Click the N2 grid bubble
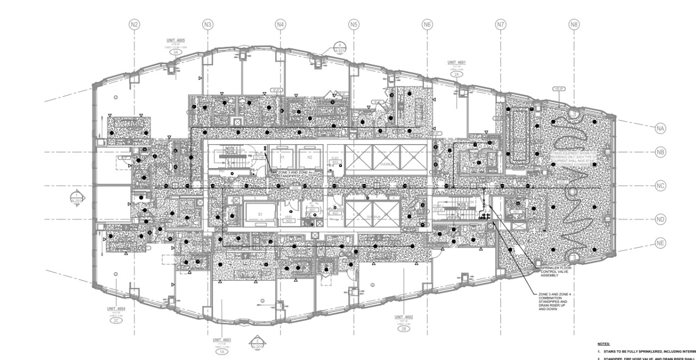pos(134,24)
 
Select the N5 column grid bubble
pos(354,24)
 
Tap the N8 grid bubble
pos(574,24)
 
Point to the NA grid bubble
pos(660,128)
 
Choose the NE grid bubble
pos(660,243)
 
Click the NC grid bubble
pos(660,186)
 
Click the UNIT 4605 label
pos(176,41)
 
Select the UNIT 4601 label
pos(456,63)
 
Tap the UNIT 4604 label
pos(116,308)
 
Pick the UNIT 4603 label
pos(221,340)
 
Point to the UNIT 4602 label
pos(404,316)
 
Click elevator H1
pos(282,157)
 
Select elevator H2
pos(309,157)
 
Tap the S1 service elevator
pos(260,215)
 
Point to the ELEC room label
pos(335,158)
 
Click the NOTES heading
pos(603,344)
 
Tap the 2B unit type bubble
pos(404,329)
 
